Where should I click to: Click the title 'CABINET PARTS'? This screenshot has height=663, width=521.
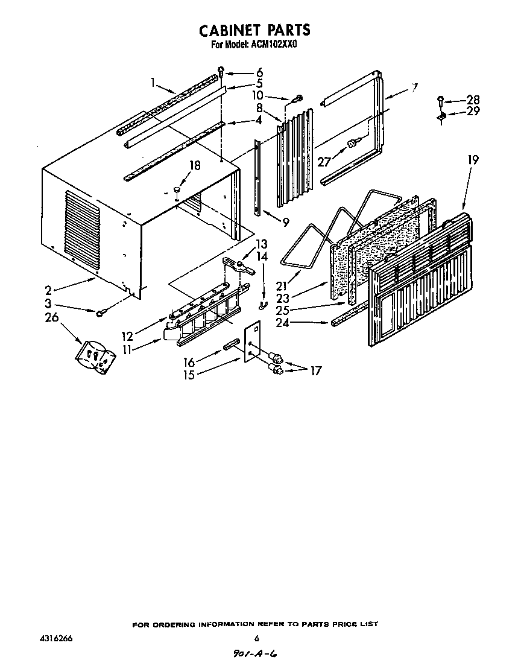(254, 30)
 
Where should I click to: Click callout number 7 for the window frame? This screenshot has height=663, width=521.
(414, 86)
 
